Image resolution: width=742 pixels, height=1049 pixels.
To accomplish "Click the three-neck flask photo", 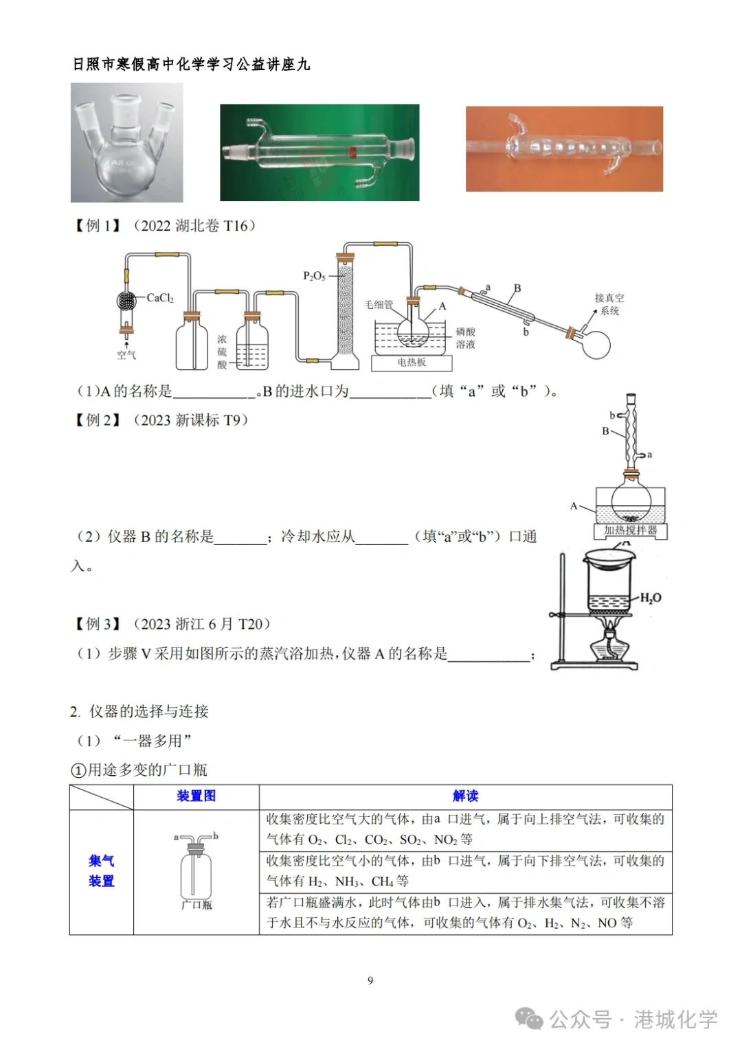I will [127, 143].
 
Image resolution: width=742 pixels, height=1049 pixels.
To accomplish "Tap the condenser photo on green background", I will [319, 152].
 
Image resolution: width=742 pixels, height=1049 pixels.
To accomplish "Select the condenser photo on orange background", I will [564, 149].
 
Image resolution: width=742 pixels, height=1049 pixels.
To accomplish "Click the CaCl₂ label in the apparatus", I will [160, 298].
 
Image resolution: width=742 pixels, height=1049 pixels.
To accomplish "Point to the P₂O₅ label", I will [315, 276].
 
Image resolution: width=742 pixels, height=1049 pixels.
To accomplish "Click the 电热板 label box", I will [412, 362].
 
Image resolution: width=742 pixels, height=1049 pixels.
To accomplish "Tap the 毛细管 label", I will [379, 304].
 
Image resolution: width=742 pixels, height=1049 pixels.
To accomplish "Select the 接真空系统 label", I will [609, 304].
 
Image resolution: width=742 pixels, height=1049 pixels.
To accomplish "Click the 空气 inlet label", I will [126, 355].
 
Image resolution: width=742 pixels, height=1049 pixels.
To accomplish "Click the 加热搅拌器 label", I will [630, 531].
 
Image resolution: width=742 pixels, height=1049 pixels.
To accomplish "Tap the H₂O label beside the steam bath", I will [650, 598].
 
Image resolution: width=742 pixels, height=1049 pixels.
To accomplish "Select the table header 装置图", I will [196, 796].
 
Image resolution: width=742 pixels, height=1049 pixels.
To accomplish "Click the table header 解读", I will [465, 796].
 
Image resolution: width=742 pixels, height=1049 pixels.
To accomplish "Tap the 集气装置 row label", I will [101, 871].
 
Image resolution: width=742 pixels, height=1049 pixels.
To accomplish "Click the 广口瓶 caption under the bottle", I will [196, 905].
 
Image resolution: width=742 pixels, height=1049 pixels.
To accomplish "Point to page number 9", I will [370, 980].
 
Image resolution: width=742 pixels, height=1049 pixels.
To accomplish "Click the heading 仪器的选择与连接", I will [148, 711].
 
